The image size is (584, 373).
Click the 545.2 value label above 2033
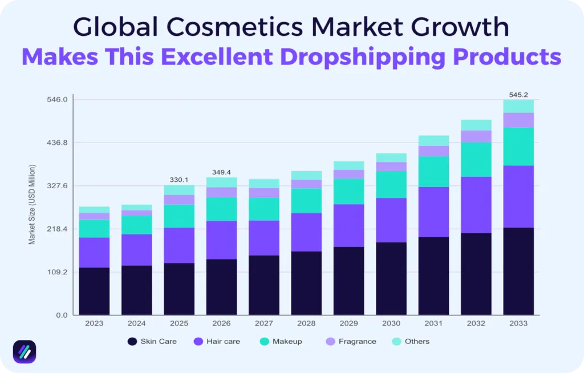(518, 95)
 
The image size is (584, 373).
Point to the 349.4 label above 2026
(221, 172)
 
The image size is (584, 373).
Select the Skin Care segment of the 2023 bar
(94, 291)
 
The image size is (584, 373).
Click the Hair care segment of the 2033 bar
(518, 197)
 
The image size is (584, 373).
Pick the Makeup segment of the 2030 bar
(391, 184)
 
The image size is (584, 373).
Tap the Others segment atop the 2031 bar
(433, 141)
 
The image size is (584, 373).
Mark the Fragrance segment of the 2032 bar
(476, 136)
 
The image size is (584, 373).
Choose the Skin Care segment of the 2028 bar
(306, 283)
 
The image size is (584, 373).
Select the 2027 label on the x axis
(264, 323)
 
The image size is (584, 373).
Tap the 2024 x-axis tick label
(137, 323)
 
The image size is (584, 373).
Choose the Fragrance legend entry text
(358, 342)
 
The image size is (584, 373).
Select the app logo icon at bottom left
(25, 352)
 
